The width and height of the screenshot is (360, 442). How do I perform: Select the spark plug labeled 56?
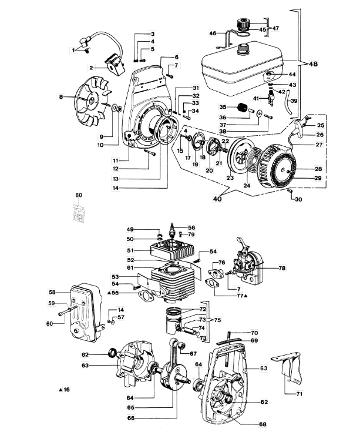[x=171, y=230]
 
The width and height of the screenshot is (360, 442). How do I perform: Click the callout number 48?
[x=313, y=64]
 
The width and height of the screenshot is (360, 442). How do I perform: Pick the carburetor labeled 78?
[x=248, y=265]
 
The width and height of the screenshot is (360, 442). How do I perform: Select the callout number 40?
[x=217, y=199]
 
